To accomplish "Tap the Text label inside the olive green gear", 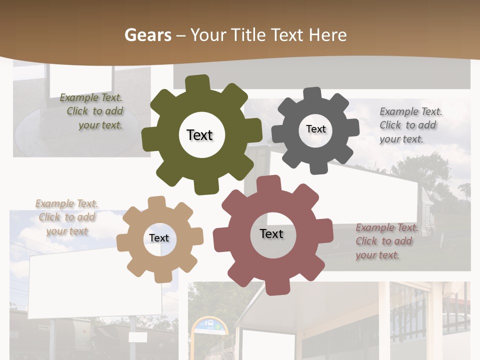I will tap(199, 135).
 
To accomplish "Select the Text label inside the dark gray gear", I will tap(315, 129).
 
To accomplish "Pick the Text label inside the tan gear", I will tap(159, 238).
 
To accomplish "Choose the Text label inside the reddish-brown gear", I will tap(271, 234).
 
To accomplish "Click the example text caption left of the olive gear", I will tap(93, 111).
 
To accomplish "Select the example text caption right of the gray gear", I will tap(410, 125).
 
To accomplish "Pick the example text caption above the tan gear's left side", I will tap(67, 217).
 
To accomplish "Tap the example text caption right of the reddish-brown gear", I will tap(386, 241).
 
